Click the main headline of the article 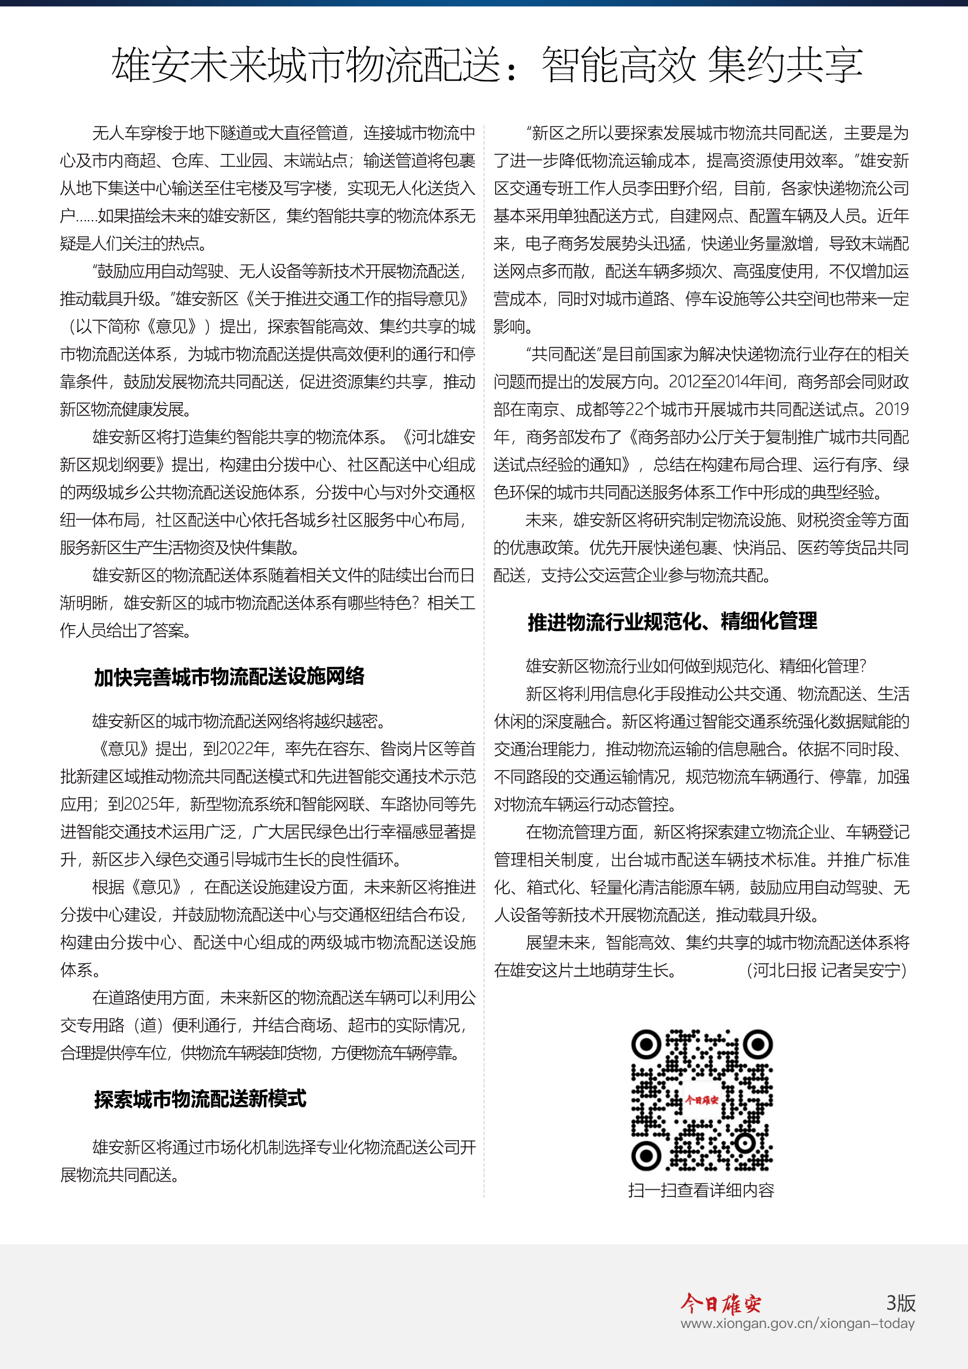pyautogui.click(x=486, y=64)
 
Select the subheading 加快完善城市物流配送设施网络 pyautogui.click(x=229, y=677)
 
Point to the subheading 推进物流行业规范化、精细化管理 pyautogui.click(x=672, y=622)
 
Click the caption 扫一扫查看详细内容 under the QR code pyautogui.click(x=701, y=1189)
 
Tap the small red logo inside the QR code pyautogui.click(x=702, y=1100)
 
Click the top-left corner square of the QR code pyautogui.click(x=646, y=1044)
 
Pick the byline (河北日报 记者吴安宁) pyautogui.click(x=827, y=970)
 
